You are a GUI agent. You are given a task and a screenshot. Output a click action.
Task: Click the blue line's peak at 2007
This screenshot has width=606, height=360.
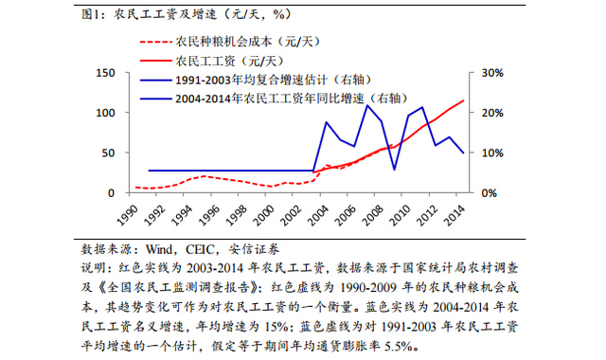[x=368, y=105]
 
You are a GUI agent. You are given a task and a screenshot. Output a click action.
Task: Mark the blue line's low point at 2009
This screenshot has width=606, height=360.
[x=395, y=170]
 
